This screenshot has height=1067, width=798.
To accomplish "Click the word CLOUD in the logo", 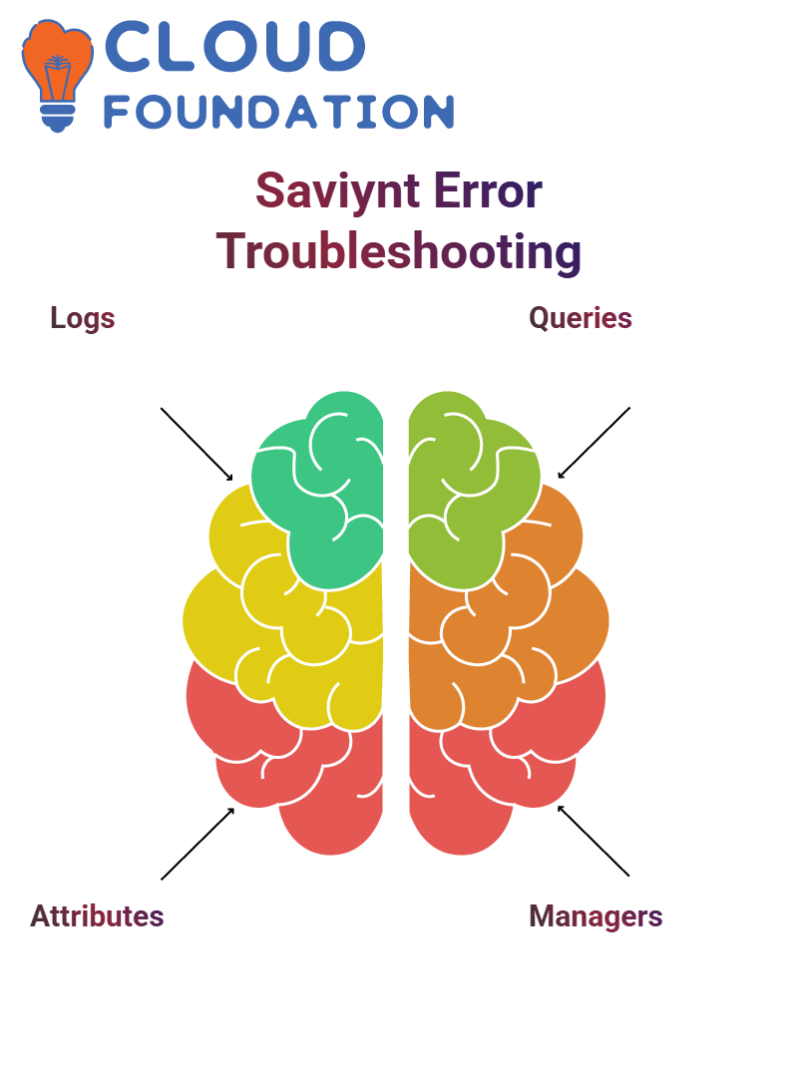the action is click(234, 46).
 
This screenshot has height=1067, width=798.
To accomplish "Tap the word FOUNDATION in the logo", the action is click(278, 112).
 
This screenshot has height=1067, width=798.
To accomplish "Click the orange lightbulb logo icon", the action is click(57, 75).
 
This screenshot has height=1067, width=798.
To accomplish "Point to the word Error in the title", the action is click(488, 191).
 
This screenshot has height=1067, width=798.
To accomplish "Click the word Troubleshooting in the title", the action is click(399, 251).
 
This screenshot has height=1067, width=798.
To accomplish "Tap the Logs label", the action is click(83, 318).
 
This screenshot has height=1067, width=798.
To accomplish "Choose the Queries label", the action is click(581, 318).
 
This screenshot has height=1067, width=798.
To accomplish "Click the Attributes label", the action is click(97, 916).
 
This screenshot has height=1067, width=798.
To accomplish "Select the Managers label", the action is click(596, 916).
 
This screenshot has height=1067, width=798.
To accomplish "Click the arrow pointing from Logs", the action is click(197, 445).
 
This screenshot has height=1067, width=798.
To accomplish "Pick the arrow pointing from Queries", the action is click(594, 443).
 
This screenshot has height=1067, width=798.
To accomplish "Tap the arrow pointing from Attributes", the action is click(198, 844).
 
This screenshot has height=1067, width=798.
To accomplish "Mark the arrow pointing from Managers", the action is click(594, 841).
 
